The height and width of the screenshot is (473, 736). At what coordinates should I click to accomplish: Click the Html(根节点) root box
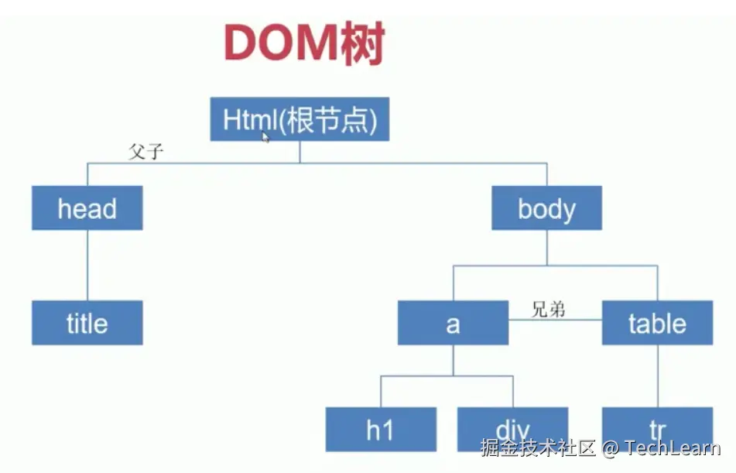click(300, 120)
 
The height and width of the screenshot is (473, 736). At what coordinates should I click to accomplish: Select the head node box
click(87, 208)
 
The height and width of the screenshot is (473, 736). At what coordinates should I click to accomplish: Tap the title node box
click(87, 323)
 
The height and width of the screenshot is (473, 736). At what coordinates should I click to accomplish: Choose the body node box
click(546, 208)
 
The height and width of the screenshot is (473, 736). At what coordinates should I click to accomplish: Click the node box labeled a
click(453, 323)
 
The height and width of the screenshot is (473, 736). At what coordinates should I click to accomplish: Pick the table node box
click(657, 323)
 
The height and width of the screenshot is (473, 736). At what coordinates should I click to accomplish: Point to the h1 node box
click(380, 428)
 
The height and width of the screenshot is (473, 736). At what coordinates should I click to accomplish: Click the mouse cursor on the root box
click(266, 137)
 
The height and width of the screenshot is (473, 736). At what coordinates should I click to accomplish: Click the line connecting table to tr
click(657, 375)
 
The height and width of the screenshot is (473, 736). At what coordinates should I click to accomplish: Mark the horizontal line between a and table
click(555, 320)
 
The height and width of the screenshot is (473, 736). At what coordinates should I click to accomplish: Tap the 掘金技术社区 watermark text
click(538, 448)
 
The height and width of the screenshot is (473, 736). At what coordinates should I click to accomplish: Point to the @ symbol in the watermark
click(611, 448)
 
